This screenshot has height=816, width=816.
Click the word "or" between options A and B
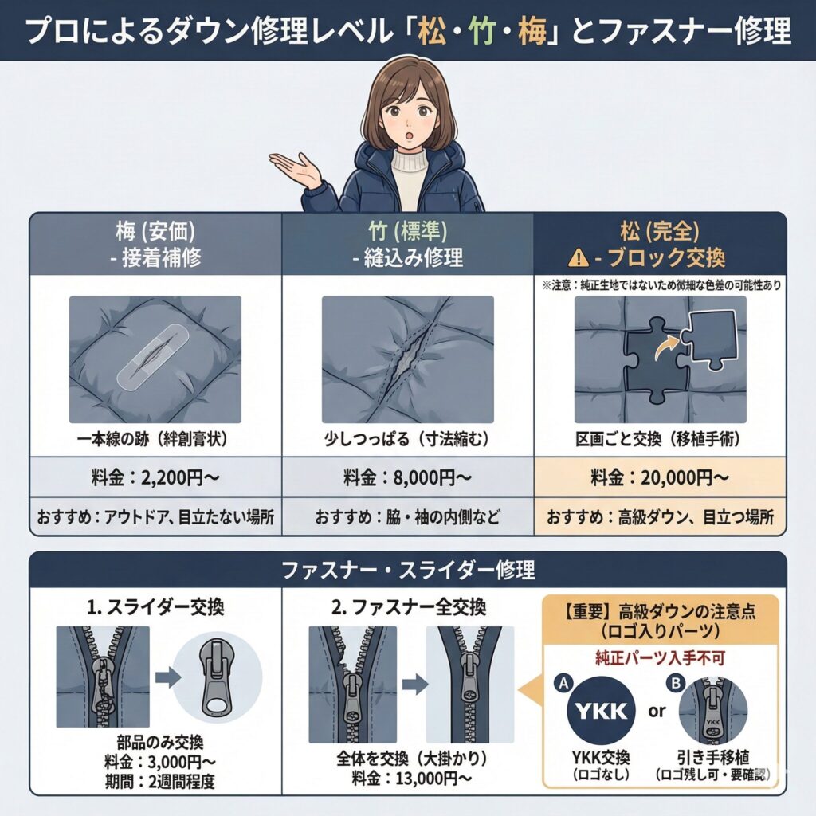[657, 711]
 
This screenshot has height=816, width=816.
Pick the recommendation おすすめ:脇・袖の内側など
[407, 518]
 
